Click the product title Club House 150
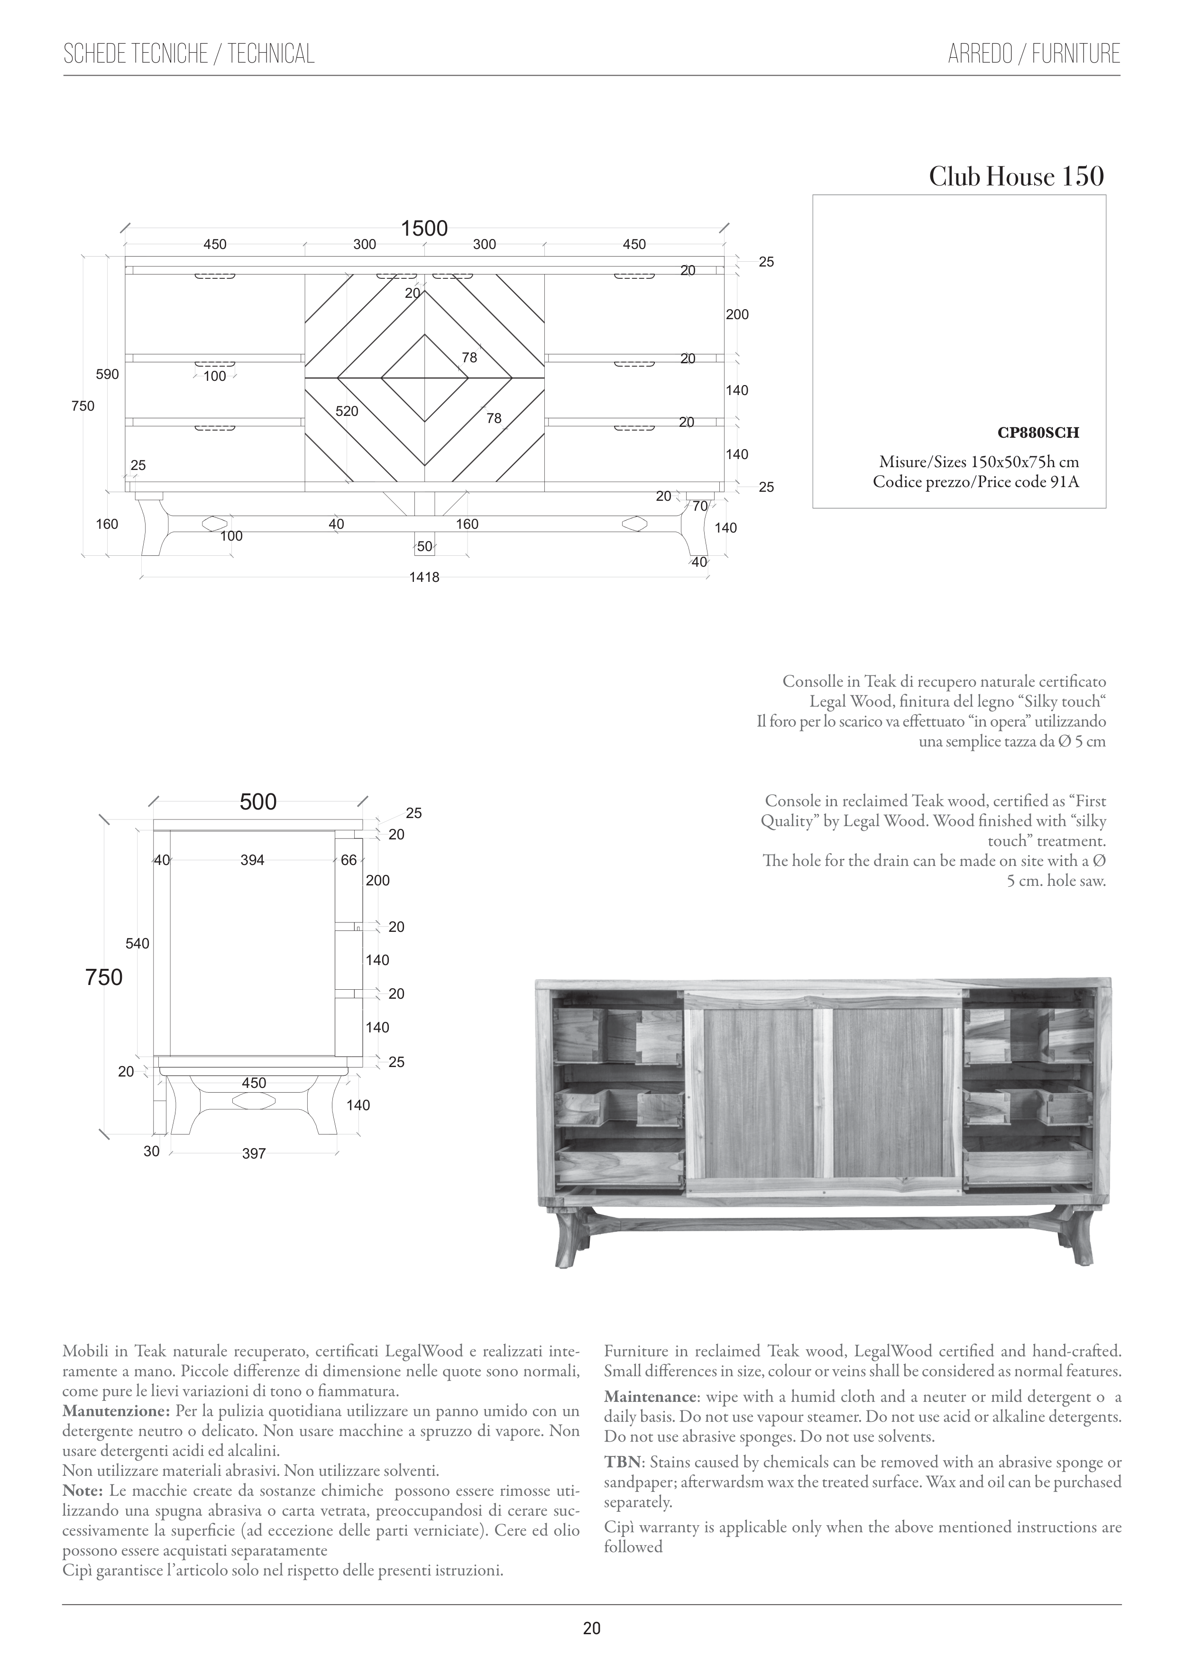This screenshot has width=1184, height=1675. coord(1016,176)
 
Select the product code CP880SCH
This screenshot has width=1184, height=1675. coord(1038,433)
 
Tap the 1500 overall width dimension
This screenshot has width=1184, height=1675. coord(424,228)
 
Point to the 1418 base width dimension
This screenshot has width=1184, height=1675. coord(424,577)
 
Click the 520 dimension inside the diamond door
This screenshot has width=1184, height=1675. coord(347,412)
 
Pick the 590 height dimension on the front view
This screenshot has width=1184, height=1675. coord(107,374)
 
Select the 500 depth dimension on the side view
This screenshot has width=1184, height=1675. coord(258,802)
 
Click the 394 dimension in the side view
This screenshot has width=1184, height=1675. coord(252,860)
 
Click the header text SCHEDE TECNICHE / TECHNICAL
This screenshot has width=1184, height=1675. coord(189,54)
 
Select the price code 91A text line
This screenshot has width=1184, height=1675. coord(976,482)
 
